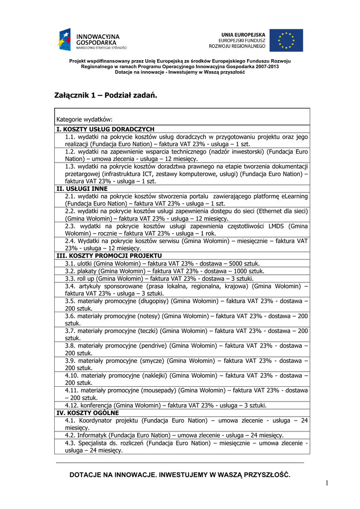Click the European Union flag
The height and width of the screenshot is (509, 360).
coord(286,40)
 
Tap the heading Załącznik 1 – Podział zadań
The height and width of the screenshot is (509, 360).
coord(105,95)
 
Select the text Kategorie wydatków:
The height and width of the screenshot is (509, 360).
coord(85,119)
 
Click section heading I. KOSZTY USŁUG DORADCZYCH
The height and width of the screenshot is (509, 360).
coord(105,129)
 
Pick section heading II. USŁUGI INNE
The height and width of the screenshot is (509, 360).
coord(82,188)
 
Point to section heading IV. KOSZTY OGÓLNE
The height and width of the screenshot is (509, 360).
coord(88,413)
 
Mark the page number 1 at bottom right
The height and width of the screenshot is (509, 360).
coord(327,483)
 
